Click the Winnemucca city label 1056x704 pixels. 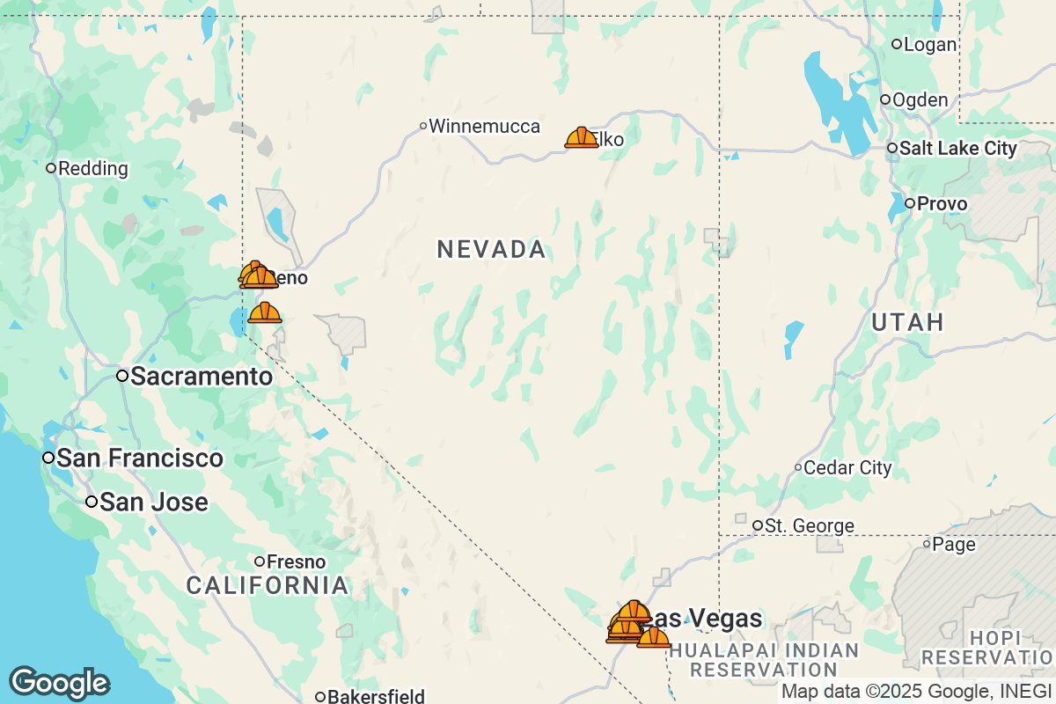point(484,127)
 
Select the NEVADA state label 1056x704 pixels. point(491,249)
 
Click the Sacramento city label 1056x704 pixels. point(201,377)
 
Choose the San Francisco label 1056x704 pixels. point(139,458)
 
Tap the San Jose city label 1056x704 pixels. point(153,502)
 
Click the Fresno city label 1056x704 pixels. point(296,561)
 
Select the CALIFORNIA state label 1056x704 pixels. point(268,585)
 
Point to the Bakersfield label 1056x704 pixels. point(376,697)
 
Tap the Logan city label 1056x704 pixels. point(929,44)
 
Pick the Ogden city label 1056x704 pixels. point(920,100)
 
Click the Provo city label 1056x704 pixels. point(942,204)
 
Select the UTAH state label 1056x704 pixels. point(907,322)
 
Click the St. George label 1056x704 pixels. point(809,526)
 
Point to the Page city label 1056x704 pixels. point(954,545)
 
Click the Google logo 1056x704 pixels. point(59,683)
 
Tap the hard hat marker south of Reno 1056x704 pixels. point(264,312)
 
